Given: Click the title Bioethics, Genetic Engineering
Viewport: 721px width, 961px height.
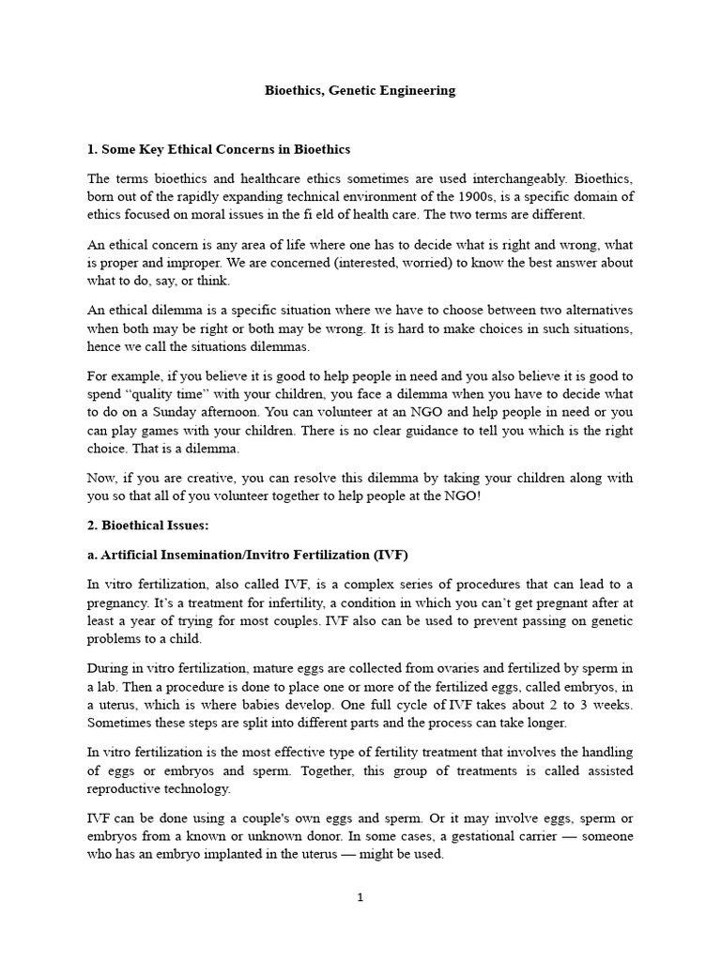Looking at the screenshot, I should pos(360,91).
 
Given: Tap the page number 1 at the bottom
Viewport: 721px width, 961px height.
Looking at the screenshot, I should pos(360,897).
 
